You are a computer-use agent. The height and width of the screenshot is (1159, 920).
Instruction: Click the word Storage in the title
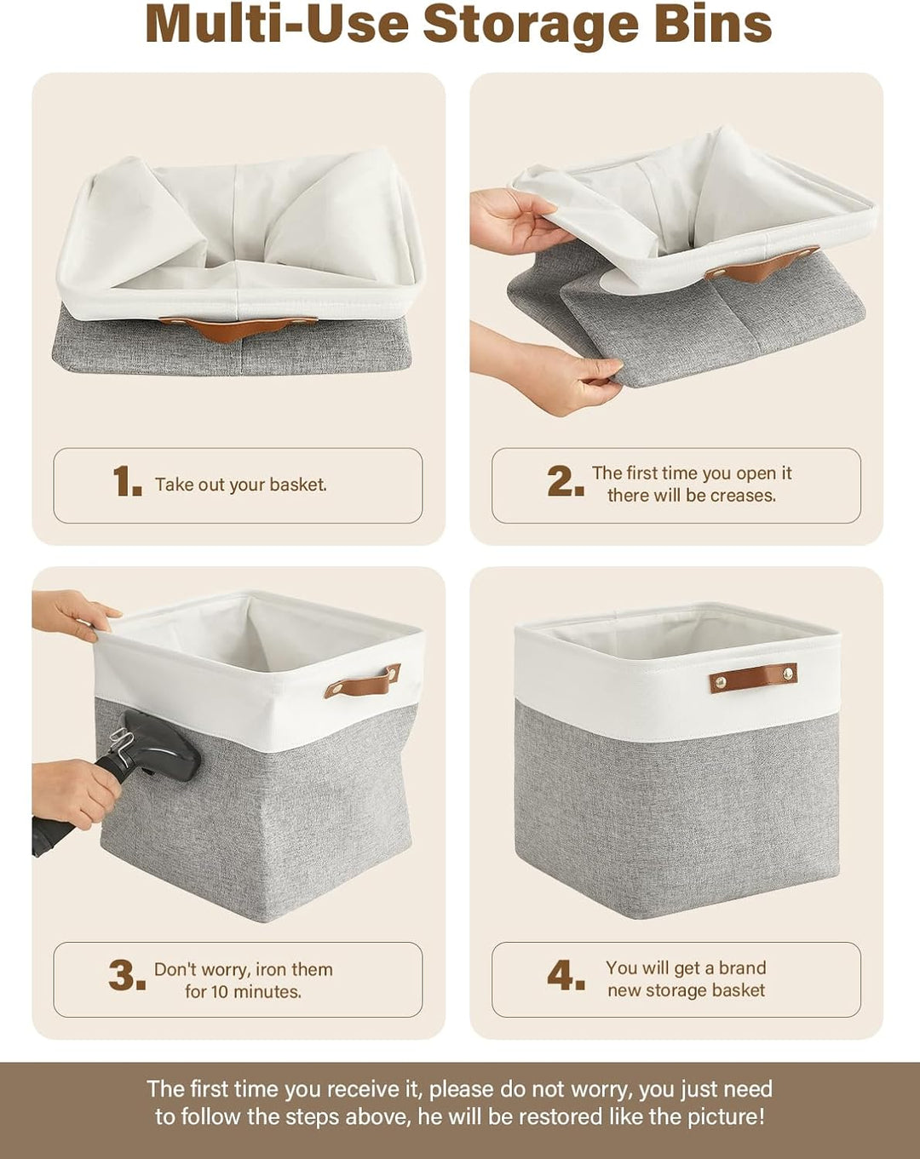point(531,24)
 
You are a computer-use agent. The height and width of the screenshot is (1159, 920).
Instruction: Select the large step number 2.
point(566,481)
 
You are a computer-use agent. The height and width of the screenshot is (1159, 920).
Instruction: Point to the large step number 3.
point(127,975)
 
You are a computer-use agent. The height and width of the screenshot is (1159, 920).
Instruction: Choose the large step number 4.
point(566,975)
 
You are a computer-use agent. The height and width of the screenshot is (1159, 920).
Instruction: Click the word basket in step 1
point(298,485)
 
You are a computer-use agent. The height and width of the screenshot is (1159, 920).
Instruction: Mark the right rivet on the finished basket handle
point(788,673)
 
